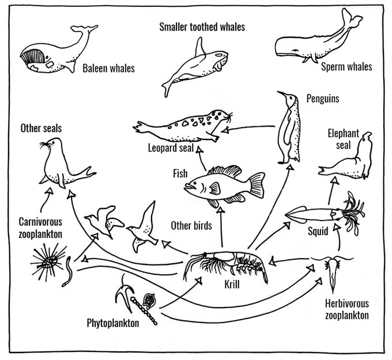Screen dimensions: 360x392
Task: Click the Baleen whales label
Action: point(108,69)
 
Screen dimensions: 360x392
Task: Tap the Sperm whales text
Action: point(346,67)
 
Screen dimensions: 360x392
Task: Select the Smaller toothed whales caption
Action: point(202,26)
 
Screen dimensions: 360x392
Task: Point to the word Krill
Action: point(231,285)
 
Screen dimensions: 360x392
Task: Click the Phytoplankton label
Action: point(112,323)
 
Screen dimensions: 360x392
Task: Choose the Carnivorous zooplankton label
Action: point(40,228)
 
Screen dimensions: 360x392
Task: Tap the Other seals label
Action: point(40,128)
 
